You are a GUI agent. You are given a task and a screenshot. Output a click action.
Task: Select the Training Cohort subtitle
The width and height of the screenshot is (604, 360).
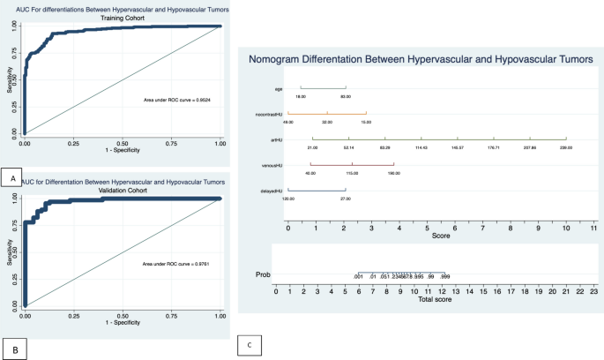pyautogui.click(x=121, y=16)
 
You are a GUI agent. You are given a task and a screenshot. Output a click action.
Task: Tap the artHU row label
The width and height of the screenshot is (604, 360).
pyautogui.click(x=277, y=139)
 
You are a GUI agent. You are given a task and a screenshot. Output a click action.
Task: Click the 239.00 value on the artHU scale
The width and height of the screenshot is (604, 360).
pyautogui.click(x=565, y=147)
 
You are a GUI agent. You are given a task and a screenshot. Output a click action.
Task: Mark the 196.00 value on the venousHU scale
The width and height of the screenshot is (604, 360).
pyautogui.click(x=394, y=173)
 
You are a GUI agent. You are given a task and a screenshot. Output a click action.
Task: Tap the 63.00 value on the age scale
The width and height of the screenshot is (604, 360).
pyautogui.click(x=346, y=96)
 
